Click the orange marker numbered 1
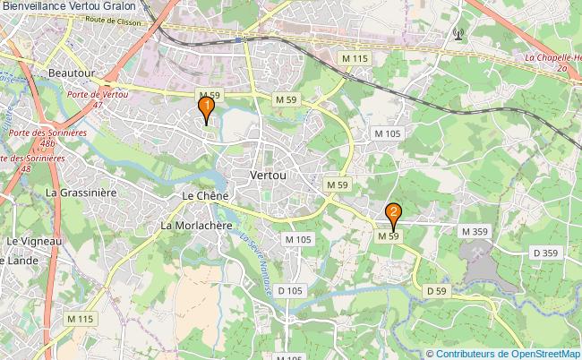(207, 111)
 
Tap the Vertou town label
(270, 176)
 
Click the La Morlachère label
(198, 225)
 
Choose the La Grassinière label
(81, 192)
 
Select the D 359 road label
(545, 253)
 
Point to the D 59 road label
(436, 291)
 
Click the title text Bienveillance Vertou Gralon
(68, 7)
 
